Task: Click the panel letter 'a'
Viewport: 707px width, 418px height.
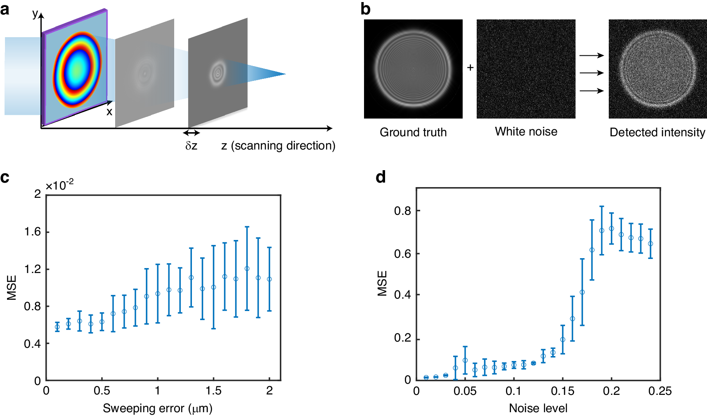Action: (x=5, y=9)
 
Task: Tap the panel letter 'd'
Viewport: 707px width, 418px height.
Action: (x=381, y=177)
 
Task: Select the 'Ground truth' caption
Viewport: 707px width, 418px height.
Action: (x=413, y=132)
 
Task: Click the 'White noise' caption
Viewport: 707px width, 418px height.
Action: (x=526, y=131)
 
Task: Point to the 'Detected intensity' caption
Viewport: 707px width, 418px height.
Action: (x=657, y=132)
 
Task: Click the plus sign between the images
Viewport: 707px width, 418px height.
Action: (x=470, y=67)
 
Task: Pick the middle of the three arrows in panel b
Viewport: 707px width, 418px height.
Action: (x=591, y=73)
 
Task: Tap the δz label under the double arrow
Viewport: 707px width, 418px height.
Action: (x=191, y=146)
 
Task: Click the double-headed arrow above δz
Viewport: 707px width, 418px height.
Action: (x=192, y=133)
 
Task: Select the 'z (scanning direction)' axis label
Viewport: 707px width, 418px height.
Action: (x=278, y=145)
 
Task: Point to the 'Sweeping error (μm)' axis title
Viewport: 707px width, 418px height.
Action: (x=157, y=408)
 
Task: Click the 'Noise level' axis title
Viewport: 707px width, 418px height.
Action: (x=538, y=408)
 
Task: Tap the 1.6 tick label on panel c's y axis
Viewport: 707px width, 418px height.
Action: (x=33, y=232)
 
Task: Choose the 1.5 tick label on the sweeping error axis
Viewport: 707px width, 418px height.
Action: (x=213, y=391)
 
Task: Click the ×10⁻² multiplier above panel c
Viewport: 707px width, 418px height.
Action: (x=59, y=185)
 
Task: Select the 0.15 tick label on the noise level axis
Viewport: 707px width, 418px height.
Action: (x=563, y=391)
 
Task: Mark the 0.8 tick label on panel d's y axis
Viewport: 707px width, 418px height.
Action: (x=402, y=211)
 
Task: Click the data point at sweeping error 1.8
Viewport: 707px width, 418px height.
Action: (x=247, y=268)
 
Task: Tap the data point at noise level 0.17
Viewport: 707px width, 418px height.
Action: (x=582, y=292)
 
